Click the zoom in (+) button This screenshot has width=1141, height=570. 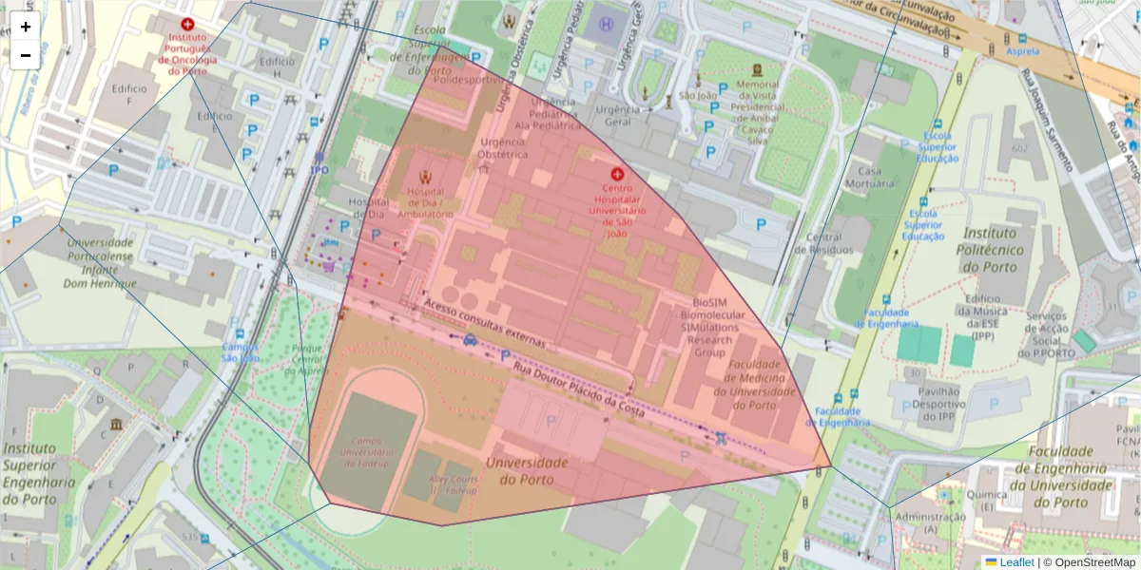[26, 27]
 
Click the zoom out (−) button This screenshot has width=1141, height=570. [26, 55]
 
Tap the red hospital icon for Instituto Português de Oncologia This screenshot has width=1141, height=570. [187, 24]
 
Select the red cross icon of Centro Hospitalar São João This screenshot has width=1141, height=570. [616, 174]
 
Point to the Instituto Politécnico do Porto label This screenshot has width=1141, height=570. [1002, 249]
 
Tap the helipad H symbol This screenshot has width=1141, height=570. [606, 22]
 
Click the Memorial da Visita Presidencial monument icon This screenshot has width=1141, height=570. [757, 70]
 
